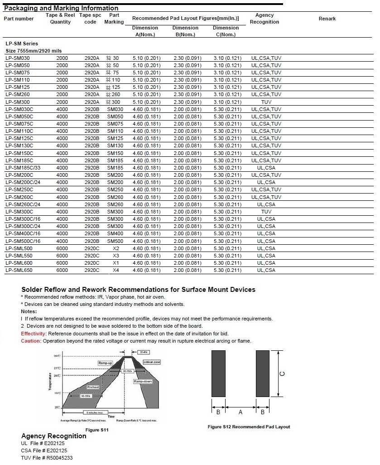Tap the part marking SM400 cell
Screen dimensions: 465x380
(x=115, y=234)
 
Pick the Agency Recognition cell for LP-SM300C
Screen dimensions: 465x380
(x=266, y=212)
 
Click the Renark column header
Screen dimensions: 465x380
(x=327, y=19)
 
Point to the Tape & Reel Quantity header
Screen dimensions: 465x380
(x=60, y=19)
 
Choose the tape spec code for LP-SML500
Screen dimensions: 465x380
(x=91, y=248)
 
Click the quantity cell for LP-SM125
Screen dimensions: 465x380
(x=62, y=87)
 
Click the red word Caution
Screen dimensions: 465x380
(x=31, y=341)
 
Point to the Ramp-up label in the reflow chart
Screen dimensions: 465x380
(x=105, y=363)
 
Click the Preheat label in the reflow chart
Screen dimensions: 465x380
(x=93, y=387)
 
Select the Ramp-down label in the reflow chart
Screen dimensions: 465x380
(x=142, y=382)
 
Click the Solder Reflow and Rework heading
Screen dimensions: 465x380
(x=138, y=290)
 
